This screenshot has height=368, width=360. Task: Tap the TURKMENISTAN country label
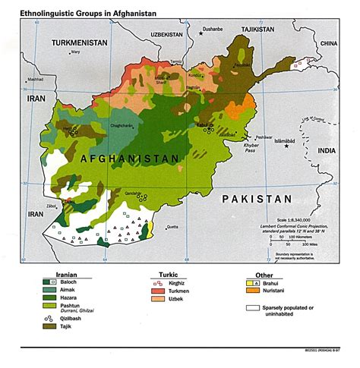80,44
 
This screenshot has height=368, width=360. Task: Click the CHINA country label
327,44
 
